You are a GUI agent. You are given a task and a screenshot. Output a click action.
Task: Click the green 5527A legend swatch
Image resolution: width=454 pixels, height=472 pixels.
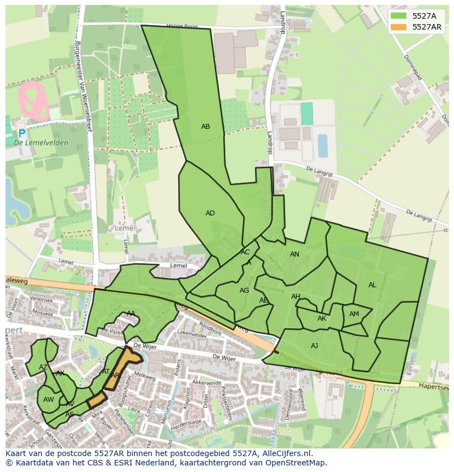tap(400, 16)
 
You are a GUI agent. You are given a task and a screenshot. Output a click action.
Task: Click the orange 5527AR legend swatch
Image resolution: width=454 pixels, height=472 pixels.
tap(400, 27)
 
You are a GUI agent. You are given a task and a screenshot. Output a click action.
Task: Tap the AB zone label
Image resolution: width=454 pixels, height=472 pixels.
tap(206, 127)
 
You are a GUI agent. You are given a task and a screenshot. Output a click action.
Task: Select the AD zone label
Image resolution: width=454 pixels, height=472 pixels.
tap(210, 213)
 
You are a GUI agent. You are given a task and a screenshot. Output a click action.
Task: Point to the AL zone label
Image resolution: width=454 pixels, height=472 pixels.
tap(372, 285)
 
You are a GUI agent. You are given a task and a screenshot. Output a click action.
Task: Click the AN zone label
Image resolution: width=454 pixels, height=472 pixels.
tap(294, 254)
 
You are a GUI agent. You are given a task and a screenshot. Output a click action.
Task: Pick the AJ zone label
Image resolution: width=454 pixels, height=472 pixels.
tap(314, 346)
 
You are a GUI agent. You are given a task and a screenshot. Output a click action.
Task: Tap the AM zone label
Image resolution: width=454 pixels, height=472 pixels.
tap(354, 314)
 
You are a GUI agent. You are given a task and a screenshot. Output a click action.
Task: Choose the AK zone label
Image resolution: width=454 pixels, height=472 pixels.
tap(322, 319)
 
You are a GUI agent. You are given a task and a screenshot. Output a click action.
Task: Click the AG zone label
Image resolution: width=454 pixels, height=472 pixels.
tap(245, 291)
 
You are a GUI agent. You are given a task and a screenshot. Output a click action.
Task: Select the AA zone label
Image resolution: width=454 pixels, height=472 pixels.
tap(131, 314)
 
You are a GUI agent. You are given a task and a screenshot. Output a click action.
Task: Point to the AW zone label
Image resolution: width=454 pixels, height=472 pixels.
tap(48, 400)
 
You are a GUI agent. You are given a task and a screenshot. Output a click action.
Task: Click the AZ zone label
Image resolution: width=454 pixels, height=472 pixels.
tap(43, 367)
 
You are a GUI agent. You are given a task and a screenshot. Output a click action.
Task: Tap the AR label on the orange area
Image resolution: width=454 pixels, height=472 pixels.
tap(115, 376)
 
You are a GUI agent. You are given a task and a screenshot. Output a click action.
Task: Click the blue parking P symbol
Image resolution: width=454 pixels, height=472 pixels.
tap(21, 133)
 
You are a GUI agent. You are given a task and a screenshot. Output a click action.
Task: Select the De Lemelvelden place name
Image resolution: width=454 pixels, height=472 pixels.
tap(41, 143)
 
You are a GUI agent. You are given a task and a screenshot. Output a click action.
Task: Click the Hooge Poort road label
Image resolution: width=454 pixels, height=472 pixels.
tap(182, 25)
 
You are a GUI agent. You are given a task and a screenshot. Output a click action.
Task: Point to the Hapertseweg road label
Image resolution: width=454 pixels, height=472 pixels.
tap(433, 386)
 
